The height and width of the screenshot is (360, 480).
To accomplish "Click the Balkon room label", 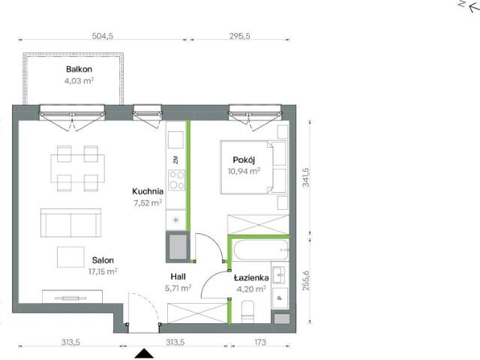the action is coord(79,69).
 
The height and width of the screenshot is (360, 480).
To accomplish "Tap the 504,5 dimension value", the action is coord(103,36).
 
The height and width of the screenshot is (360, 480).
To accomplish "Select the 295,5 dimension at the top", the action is coord(240,36).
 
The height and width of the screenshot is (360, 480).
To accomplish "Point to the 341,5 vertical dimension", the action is coord(305,177).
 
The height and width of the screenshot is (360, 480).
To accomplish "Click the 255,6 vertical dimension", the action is coord(305,280).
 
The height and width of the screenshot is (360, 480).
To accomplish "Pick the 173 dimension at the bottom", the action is coord(260,342).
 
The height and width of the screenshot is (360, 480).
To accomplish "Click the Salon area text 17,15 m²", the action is coord(103,271).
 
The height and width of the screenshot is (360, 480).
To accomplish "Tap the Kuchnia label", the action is coord(148,191).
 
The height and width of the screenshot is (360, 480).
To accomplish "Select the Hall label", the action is coord(178,277).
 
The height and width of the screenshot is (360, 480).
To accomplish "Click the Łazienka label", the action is coord(251,277).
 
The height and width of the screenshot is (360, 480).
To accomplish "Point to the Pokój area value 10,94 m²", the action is coord(244,171).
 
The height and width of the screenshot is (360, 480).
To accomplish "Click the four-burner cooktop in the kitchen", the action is coord(177,180).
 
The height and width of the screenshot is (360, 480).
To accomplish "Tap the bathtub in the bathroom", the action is coord(261,250).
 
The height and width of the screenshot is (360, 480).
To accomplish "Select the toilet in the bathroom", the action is coord(247,312).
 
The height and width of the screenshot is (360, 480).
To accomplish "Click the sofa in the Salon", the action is coord(70,223).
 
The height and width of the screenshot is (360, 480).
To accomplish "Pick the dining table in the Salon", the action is coord(78,169).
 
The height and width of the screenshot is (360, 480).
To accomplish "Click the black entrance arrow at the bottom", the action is coord(144,353).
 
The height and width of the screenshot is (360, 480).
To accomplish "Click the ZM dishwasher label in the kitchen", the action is coord(175,160).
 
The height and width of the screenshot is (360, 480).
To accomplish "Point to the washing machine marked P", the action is coord(280,298).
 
